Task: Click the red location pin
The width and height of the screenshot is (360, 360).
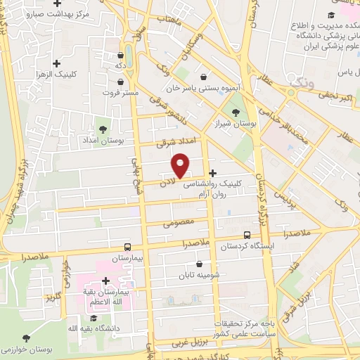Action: pyautogui.click(x=181, y=166)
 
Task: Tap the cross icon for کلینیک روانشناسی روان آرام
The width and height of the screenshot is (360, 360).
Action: pyautogui.click(x=212, y=173)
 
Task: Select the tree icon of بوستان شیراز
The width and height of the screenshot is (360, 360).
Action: pyautogui.click(x=235, y=112)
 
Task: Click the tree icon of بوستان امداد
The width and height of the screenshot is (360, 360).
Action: pyautogui.click(x=103, y=129)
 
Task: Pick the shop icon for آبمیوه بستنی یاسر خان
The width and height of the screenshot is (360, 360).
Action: pyautogui.click(x=203, y=77)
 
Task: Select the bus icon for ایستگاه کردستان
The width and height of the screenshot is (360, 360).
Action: pyautogui.click(x=247, y=236)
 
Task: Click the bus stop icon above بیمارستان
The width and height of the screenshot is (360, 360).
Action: pyautogui.click(x=127, y=247)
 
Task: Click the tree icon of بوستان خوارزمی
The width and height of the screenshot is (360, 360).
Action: pyautogui.click(x=27, y=338)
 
